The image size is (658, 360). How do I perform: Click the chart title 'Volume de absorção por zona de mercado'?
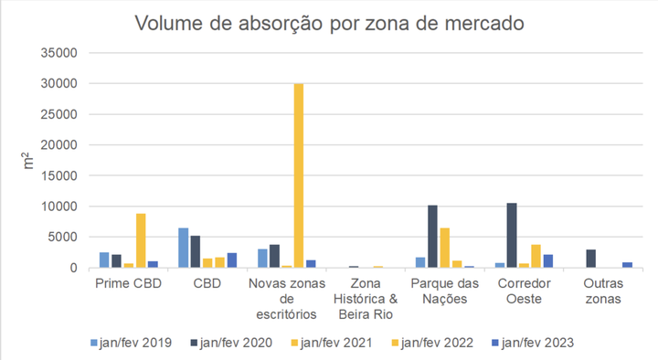pyautogui.click(x=329, y=23)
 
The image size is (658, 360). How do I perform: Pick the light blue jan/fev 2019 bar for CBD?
pyautogui.click(x=184, y=248)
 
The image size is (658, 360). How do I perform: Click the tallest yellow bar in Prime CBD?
pyautogui.click(x=141, y=240)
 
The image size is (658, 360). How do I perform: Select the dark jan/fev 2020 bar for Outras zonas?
pyautogui.click(x=590, y=259)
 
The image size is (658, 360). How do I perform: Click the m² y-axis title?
pyautogui.click(x=27, y=161)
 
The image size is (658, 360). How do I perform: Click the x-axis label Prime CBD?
pyautogui.click(x=128, y=284)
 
